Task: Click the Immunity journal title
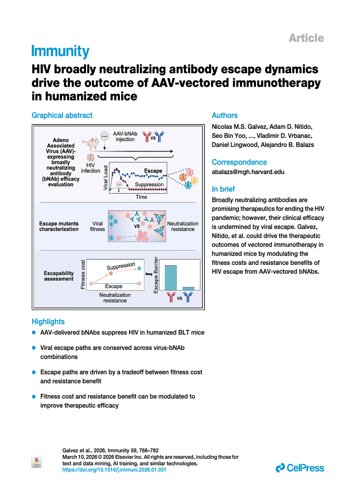click(x=60, y=52)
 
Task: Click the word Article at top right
click(x=306, y=38)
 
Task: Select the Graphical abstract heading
click(x=62, y=116)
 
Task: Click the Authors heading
click(x=224, y=116)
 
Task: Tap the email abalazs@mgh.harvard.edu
click(x=248, y=172)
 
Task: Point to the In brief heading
click(x=223, y=189)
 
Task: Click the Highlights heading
click(x=48, y=322)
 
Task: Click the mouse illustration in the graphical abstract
click(x=90, y=143)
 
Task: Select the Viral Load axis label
click(x=106, y=177)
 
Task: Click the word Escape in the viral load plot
click(x=153, y=171)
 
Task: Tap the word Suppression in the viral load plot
click(x=149, y=184)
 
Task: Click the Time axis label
click(x=141, y=197)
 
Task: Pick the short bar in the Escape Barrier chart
click(x=188, y=288)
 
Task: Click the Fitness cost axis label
click(x=83, y=275)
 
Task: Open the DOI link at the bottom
click(x=114, y=470)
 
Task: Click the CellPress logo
click(x=300, y=468)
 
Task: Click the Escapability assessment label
click(x=59, y=276)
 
